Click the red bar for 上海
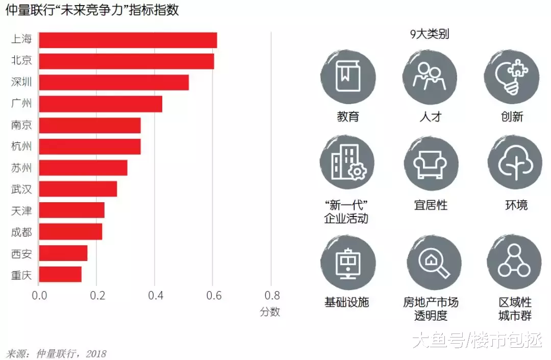pos(128,40)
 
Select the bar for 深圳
pos(114,82)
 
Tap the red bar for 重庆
pos(60,274)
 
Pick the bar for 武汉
pos(78,189)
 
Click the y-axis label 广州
pos(21,104)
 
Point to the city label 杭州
pos(21,147)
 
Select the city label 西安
pos(21,253)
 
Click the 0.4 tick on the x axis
pos(155,296)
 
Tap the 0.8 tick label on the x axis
pos(271,296)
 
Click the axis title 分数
pos(270,312)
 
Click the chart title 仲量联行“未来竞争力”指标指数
pos(92,10)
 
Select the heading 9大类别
pos(430,35)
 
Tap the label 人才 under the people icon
pos(430,117)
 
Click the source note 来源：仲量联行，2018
pos(56,353)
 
